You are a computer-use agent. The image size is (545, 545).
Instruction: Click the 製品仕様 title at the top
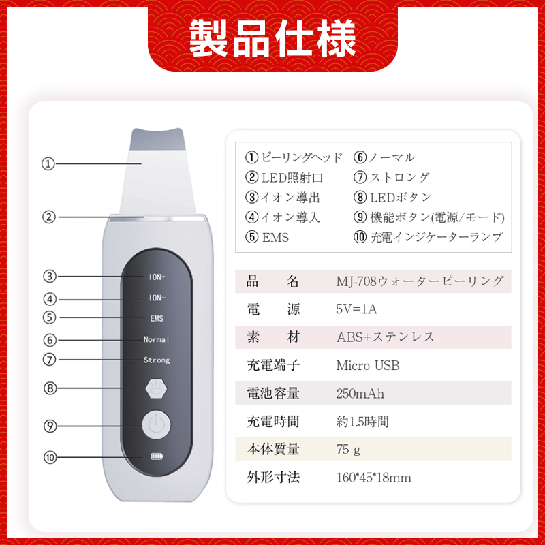(272, 37)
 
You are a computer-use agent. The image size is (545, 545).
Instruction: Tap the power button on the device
(156, 426)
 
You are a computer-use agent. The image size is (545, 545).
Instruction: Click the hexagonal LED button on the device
(156, 388)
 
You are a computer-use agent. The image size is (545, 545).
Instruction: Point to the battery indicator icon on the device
(156, 457)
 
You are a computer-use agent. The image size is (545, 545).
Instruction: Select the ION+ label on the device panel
(157, 277)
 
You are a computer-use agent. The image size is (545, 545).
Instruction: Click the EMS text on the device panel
(157, 318)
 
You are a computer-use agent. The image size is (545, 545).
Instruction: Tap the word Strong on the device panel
(157, 360)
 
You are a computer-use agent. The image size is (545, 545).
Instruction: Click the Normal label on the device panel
(157, 339)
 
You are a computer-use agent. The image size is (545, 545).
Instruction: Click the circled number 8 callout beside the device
(49, 388)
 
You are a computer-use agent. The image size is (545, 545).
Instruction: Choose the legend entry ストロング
(399, 178)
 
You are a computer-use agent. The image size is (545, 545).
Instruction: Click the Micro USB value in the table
(368, 366)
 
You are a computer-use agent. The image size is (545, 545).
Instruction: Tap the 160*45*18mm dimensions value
(373, 478)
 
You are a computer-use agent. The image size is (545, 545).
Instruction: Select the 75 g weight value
(348, 450)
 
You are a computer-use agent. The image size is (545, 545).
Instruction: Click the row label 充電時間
(273, 422)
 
